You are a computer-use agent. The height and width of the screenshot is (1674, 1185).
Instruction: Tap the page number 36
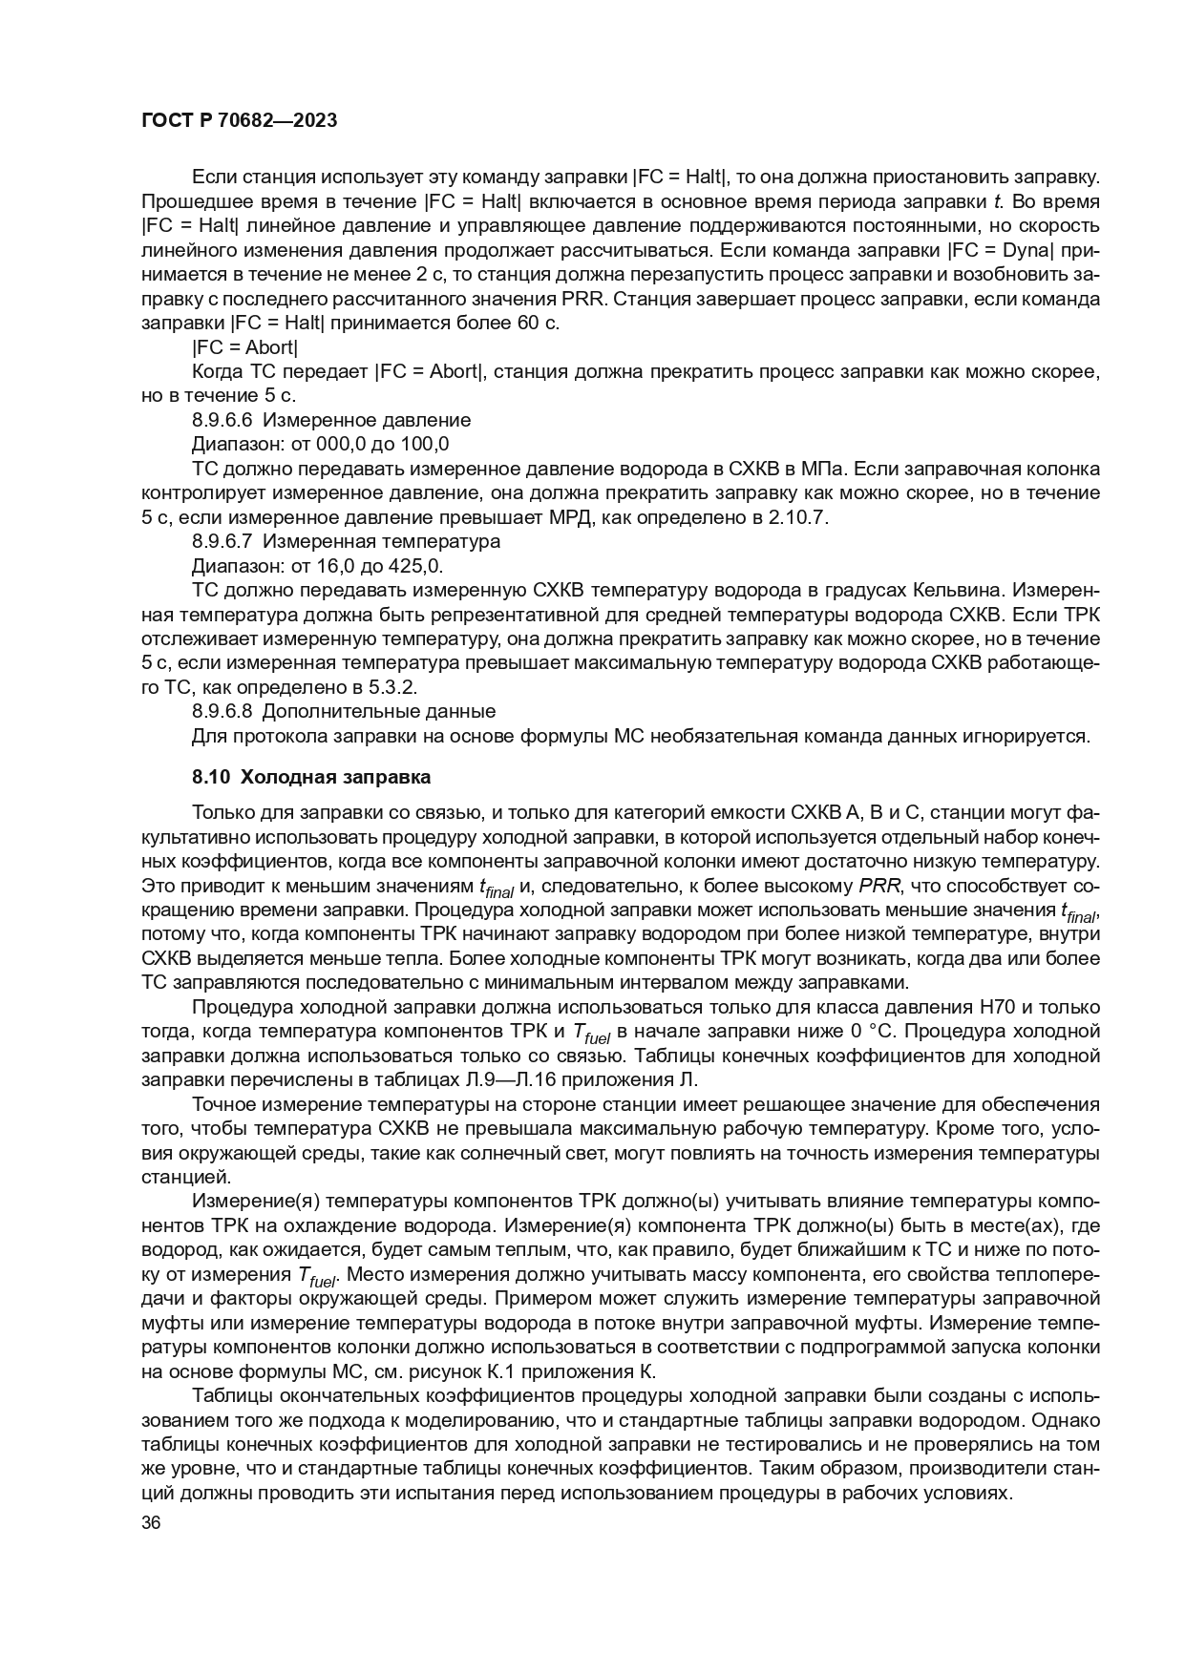[x=151, y=1523]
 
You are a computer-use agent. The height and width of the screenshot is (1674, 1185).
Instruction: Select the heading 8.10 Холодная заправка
[x=311, y=777]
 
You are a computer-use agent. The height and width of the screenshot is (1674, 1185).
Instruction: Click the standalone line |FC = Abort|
[x=245, y=347]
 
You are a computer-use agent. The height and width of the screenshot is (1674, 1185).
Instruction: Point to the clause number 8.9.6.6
[x=222, y=420]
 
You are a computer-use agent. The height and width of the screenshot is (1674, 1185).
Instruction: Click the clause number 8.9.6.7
[x=222, y=541]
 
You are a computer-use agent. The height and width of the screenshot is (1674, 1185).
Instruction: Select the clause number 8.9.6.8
[x=222, y=711]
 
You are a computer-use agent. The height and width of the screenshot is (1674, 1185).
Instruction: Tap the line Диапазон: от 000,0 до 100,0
[x=320, y=445]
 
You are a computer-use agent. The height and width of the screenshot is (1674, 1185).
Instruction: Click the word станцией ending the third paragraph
[x=179, y=1177]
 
